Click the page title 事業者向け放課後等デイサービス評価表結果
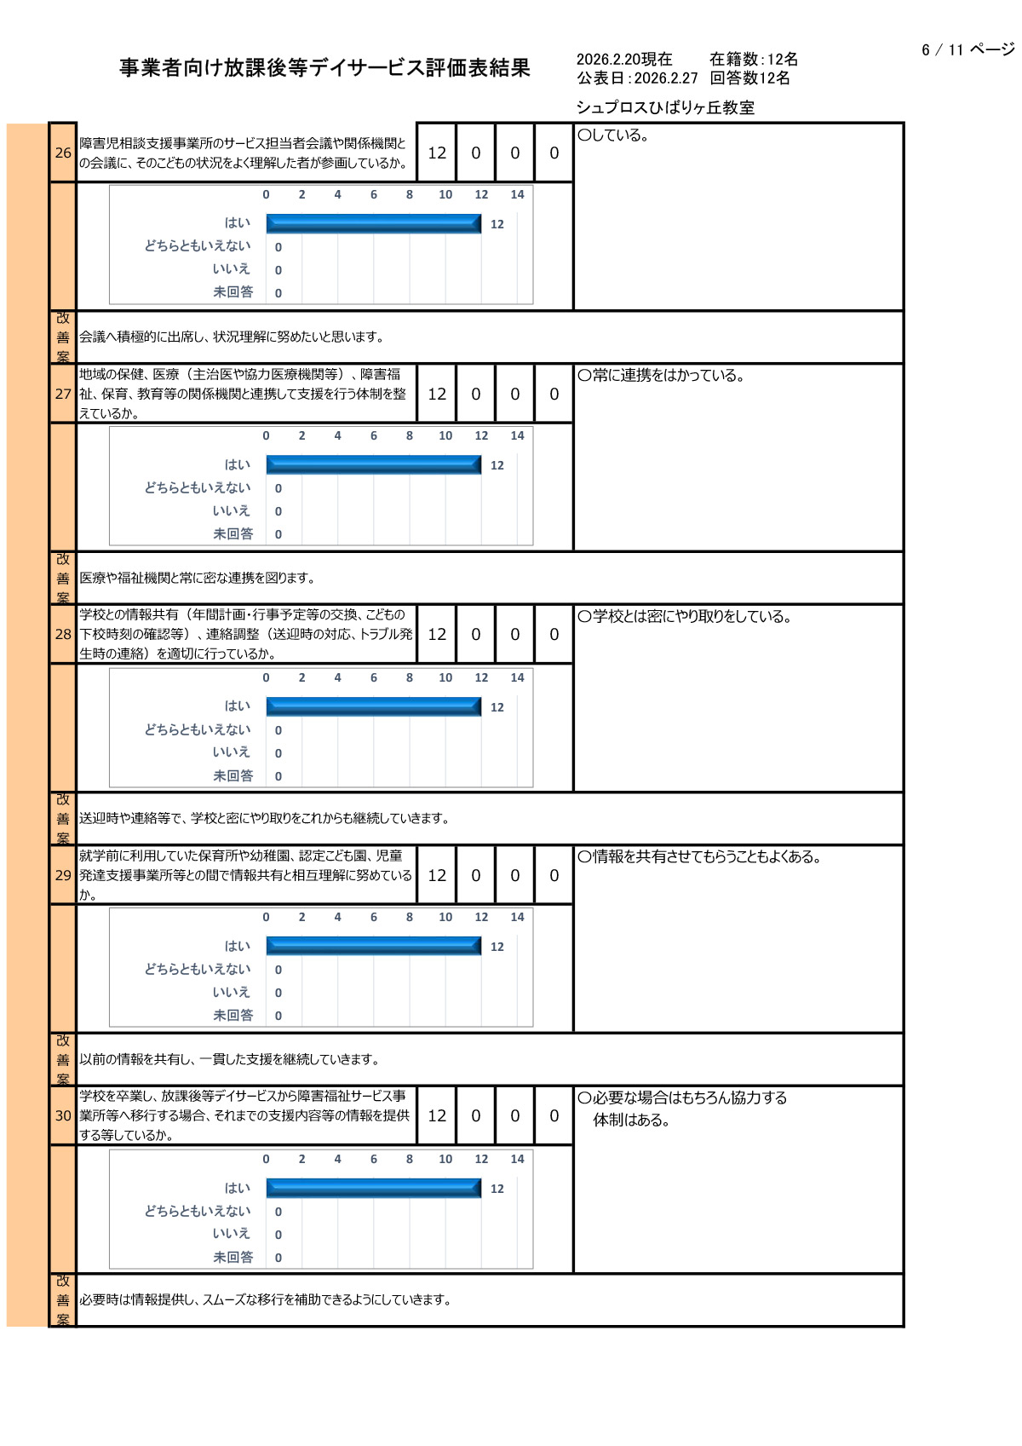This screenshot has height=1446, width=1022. (324, 67)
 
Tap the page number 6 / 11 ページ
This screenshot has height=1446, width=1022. (967, 49)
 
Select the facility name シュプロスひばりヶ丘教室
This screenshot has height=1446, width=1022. (665, 107)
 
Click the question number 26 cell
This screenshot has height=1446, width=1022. (63, 153)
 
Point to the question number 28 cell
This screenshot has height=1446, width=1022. (63, 634)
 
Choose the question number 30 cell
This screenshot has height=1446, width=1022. (63, 1115)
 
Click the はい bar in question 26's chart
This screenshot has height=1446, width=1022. (374, 223)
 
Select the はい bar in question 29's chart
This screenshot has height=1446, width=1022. (374, 946)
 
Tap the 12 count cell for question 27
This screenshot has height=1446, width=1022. (437, 394)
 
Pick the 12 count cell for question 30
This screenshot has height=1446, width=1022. (437, 1115)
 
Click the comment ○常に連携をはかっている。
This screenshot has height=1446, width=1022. (661, 375)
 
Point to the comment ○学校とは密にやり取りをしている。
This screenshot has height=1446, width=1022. (685, 616)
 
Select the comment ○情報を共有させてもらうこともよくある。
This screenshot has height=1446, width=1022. (699, 856)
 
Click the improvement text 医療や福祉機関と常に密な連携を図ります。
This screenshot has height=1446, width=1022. (198, 578)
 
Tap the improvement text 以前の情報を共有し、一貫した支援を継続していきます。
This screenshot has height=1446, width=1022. (229, 1059)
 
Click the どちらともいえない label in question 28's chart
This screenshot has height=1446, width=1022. (198, 729)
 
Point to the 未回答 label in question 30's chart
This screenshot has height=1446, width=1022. (233, 1257)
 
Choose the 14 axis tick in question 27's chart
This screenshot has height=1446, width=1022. (517, 435)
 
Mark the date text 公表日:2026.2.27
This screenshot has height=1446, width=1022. (637, 78)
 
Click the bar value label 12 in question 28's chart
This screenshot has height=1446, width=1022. (497, 707)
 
